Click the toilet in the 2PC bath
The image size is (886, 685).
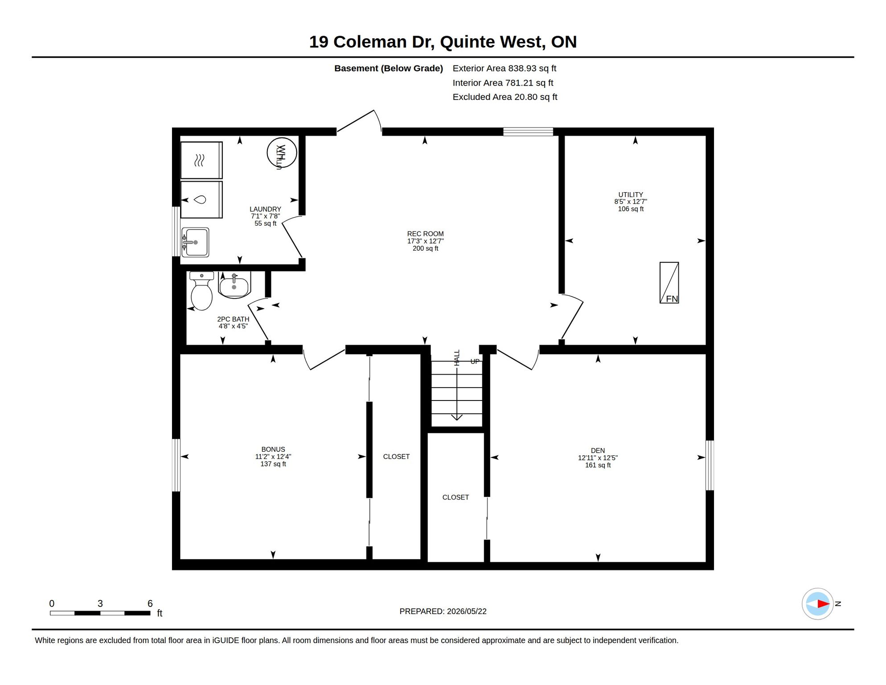201,291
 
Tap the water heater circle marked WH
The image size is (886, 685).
282,153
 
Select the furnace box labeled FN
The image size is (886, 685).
669,283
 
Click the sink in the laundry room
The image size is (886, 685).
195,242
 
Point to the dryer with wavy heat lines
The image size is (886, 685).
201,160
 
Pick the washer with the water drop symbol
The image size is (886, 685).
201,199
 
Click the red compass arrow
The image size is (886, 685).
823,604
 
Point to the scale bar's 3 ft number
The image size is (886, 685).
100,603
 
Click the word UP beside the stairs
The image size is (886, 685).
475,361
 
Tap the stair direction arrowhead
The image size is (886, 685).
457,417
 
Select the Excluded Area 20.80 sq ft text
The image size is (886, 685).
505,97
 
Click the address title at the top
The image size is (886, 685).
443,42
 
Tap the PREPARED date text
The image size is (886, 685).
443,611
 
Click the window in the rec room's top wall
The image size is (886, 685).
528,132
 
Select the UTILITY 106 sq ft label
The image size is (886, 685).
631,202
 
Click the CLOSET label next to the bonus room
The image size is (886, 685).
396,457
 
